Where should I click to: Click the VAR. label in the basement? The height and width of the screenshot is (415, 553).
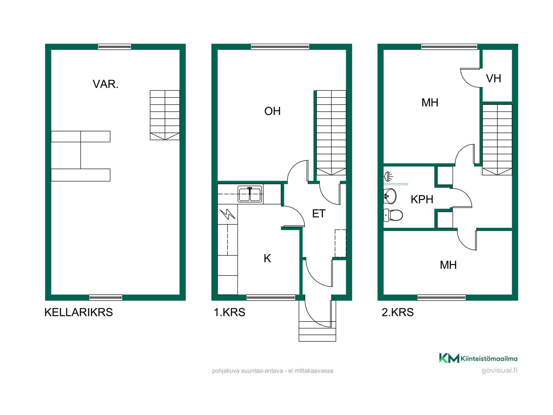click(106, 84)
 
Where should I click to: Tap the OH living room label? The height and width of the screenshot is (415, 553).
click(272, 111)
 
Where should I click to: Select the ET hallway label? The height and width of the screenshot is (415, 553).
click(319, 214)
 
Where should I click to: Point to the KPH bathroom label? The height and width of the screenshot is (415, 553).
click(422, 199)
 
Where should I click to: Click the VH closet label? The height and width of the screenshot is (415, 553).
click(494, 79)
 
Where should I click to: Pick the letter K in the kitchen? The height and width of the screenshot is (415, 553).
click(267, 258)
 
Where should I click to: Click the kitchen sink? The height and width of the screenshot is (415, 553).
click(250, 194)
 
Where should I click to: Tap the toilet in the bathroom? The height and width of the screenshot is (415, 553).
click(393, 215)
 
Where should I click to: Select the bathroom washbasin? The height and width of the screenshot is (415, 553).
click(390, 196)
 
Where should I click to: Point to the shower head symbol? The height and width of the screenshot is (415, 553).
click(388, 176)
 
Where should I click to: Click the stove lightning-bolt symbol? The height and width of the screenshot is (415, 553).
click(228, 214)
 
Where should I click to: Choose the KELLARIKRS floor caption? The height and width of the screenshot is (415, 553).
click(79, 312)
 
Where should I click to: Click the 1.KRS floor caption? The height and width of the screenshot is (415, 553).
click(229, 312)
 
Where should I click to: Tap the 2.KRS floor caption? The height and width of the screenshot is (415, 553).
click(398, 312)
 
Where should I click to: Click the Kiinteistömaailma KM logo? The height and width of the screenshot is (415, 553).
click(478, 358)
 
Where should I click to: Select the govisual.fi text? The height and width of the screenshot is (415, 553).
click(499, 370)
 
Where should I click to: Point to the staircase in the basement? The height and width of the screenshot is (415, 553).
click(165, 115)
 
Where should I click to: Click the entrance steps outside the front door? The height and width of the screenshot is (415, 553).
click(317, 331)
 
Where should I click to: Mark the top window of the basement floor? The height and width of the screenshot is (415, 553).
click(114, 47)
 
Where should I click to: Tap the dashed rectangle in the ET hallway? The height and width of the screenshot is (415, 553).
click(340, 243)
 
